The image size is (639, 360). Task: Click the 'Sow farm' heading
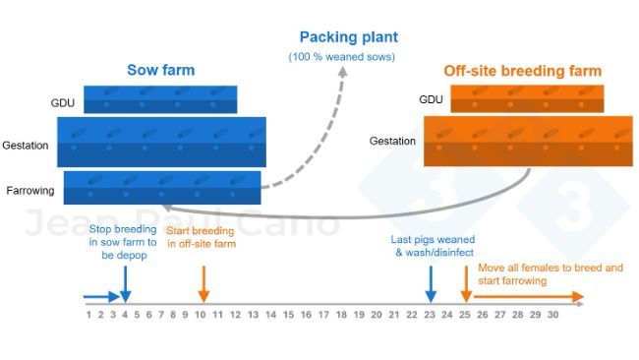coord(160,70)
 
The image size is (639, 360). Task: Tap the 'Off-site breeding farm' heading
coord(522,71)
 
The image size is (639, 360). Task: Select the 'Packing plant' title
coord(349,38)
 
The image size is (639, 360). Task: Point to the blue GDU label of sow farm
coord(62,102)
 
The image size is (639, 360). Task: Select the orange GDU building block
coord(527,99)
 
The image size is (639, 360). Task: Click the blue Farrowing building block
coord(162,187)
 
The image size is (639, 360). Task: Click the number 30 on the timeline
coord(552,315)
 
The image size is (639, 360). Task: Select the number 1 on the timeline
coord(88,315)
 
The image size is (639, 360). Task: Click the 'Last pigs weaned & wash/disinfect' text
coord(433,246)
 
